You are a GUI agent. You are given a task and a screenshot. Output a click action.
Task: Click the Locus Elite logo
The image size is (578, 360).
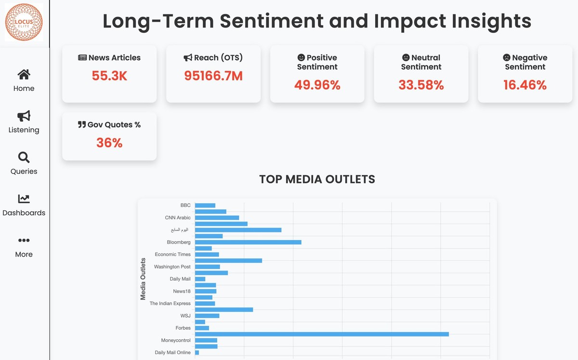pos(24,22)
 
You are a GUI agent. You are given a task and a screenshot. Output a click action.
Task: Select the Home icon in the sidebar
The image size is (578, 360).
pos(24,74)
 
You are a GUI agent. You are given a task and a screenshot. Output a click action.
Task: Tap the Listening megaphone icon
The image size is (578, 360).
pos(24,116)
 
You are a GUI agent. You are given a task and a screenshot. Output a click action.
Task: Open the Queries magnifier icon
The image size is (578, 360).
pos(24,157)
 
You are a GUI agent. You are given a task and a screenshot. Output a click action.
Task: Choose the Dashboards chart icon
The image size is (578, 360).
pos(24,198)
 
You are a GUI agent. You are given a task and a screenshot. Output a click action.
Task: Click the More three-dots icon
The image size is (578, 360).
pos(24,240)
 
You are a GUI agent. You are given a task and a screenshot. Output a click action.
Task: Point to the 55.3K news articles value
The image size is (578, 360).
pos(109,76)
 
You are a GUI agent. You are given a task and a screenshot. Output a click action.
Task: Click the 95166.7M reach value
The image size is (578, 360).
pos(213,76)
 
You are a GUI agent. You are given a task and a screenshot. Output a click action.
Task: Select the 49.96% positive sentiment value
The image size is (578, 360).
pos(317,85)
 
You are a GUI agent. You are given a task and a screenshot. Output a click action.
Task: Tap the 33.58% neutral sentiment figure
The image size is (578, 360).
pos(421,85)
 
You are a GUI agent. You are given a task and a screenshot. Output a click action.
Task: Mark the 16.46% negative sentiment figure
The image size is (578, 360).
pos(525,85)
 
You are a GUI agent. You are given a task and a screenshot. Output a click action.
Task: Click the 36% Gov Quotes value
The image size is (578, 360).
pos(109,142)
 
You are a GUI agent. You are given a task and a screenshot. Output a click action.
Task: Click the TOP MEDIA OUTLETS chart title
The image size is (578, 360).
pos(317,179)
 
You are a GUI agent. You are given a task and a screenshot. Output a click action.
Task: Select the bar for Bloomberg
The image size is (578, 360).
pos(248,242)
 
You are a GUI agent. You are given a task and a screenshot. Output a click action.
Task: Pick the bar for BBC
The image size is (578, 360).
pos(205,206)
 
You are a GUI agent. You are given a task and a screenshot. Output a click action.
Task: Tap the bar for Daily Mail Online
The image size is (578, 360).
pos(197,353)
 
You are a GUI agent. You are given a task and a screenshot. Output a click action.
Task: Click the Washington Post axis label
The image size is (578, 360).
pos(172,267)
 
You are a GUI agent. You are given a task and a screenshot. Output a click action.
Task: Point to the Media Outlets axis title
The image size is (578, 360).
pos(143,279)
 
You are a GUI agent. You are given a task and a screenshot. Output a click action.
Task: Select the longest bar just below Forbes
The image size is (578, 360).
pos(322,334)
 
